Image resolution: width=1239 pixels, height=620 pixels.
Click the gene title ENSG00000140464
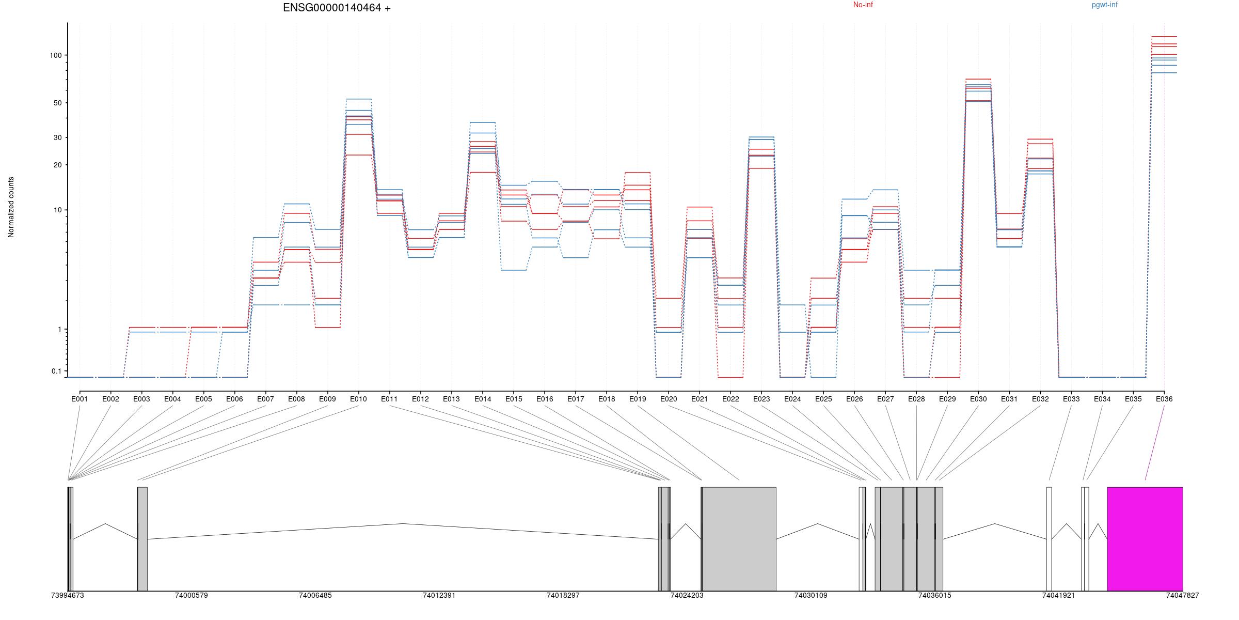(337, 8)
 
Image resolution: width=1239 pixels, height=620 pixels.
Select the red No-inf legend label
(863, 5)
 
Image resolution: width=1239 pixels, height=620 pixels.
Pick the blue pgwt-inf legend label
(1104, 5)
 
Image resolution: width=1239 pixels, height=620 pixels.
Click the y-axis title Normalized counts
(11, 207)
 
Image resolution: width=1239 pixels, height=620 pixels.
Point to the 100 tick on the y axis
(56, 55)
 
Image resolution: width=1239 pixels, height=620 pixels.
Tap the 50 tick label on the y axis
(57, 103)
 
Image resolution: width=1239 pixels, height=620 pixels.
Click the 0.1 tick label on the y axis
(56, 371)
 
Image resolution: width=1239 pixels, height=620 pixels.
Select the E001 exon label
(80, 399)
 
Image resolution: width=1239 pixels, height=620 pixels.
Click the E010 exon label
(358, 399)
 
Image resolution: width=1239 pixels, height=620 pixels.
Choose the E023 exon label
(761, 399)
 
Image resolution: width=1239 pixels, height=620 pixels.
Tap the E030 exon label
(978, 399)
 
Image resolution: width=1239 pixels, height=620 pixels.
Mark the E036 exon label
(1164, 399)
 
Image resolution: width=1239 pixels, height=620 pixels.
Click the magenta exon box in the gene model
(1145, 538)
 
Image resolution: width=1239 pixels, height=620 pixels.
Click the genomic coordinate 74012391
(439, 596)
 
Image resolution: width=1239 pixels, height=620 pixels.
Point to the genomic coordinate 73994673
(67, 596)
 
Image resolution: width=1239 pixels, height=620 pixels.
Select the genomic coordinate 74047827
(1182, 596)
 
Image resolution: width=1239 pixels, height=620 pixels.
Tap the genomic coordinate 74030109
(811, 596)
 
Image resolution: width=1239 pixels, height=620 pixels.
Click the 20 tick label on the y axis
(57, 165)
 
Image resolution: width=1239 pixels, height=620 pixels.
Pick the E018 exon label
(607, 399)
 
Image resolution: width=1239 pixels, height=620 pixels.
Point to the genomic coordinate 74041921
(1058, 596)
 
